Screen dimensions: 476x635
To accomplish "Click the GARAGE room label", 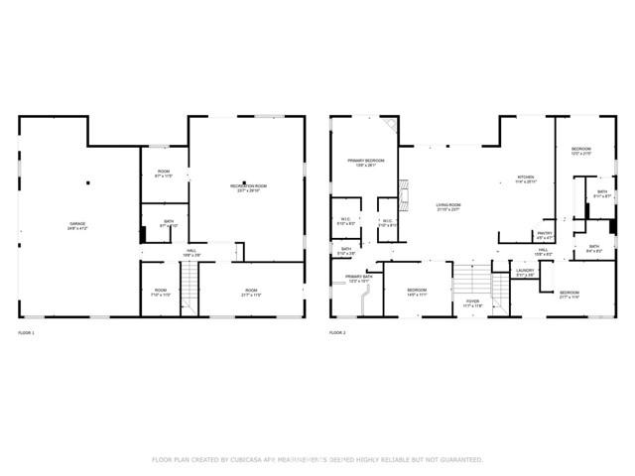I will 77,224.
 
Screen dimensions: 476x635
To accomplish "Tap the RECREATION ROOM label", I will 249,185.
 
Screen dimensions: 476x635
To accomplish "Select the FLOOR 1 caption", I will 26,332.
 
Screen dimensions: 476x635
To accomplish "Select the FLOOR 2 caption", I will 337,332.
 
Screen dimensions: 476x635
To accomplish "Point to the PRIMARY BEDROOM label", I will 366,161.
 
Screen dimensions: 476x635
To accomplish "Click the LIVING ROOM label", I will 449,205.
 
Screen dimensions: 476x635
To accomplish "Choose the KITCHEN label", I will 525,178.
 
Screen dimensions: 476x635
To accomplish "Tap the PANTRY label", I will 545,234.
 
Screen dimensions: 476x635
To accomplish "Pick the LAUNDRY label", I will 525,271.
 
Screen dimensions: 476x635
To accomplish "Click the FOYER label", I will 472,302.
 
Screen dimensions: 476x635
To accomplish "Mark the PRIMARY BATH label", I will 358,277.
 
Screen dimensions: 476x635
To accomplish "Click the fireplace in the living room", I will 404,190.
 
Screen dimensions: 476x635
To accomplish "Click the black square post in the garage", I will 88,182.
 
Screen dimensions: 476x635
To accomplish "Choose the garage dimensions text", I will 77,229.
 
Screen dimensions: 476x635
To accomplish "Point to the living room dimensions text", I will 449,210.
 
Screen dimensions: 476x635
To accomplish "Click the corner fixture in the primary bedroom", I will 390,127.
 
